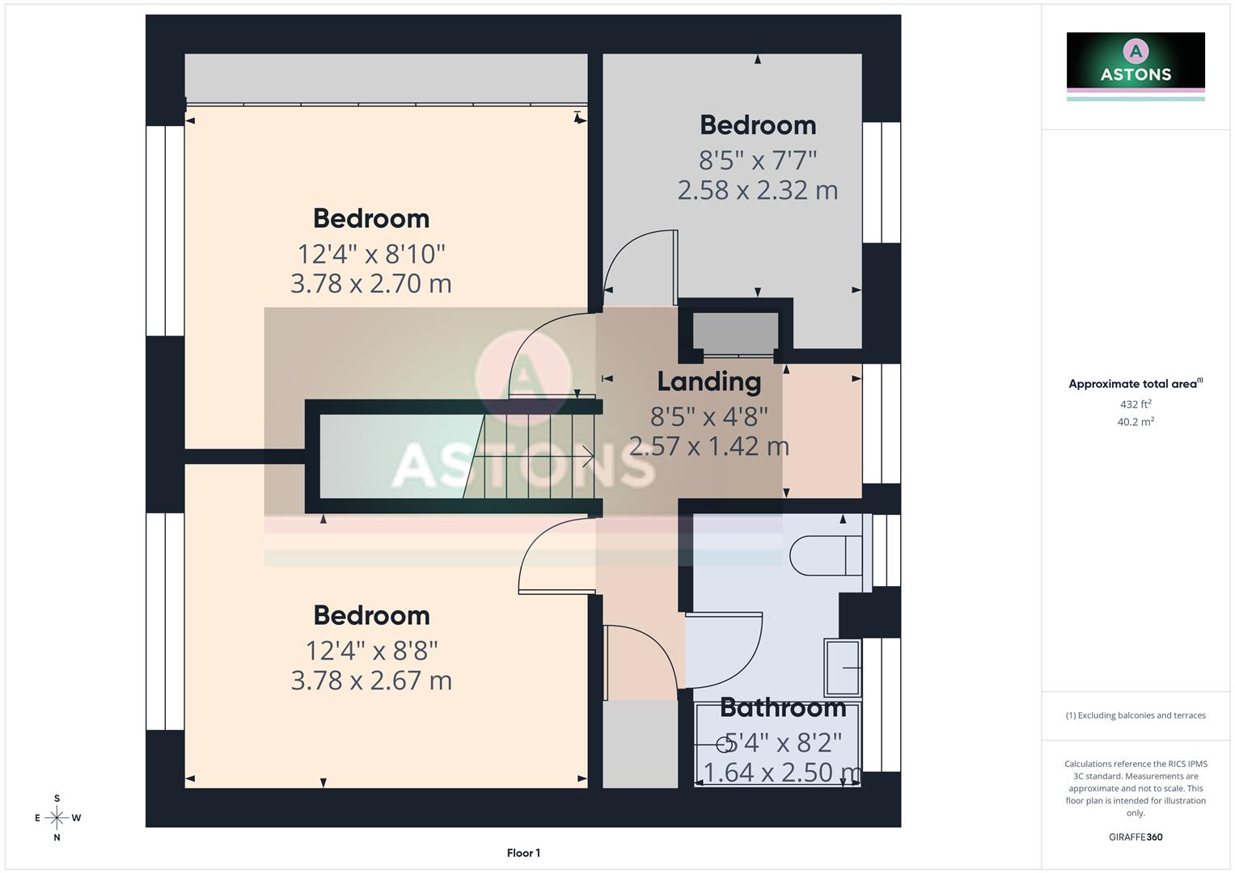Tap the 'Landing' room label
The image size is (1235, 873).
coord(708,382)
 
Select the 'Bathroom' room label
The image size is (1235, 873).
coord(782,708)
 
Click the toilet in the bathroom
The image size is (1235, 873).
coord(824,555)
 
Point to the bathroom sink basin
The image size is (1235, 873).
coord(843,667)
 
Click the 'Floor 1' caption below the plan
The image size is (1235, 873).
coord(523,853)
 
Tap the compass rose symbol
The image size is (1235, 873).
coord(57,818)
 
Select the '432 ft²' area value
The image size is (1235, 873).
coord(1136,404)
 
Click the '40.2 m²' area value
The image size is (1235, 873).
coord(1136,422)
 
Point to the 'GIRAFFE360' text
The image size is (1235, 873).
coord(1136,837)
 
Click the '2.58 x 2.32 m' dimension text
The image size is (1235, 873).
coord(757,191)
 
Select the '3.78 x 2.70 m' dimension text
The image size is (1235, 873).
coord(371,284)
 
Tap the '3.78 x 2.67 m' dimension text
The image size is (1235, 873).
coord(371,681)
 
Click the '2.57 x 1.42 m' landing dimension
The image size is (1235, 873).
coord(708,446)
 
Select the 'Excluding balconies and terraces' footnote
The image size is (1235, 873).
coord(1136,715)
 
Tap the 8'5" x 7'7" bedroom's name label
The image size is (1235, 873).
coord(757,125)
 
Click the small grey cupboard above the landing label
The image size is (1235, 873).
coord(735,332)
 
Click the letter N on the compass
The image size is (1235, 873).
coord(57,838)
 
